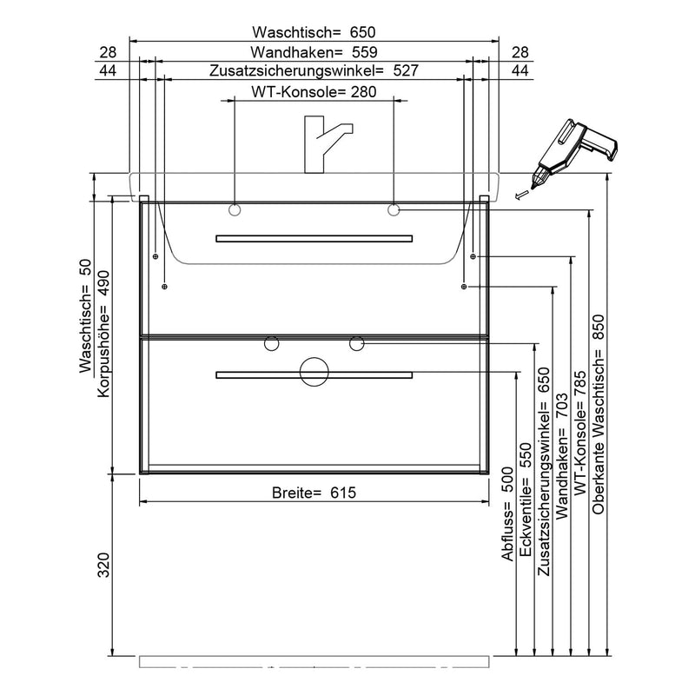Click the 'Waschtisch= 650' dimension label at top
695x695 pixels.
point(314,32)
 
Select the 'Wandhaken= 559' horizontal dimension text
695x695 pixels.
point(314,52)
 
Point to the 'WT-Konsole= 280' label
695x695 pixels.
point(314,92)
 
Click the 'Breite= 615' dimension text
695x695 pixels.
point(314,492)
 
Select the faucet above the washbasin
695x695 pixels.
point(325,144)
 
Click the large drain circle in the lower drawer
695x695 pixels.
point(314,371)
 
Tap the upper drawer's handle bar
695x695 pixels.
point(314,238)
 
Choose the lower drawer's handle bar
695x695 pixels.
point(314,375)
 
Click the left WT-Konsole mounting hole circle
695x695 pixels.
point(235,210)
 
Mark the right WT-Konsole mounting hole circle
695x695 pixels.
point(394,209)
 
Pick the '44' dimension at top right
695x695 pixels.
point(520,70)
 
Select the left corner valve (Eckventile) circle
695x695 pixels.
point(270,344)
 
